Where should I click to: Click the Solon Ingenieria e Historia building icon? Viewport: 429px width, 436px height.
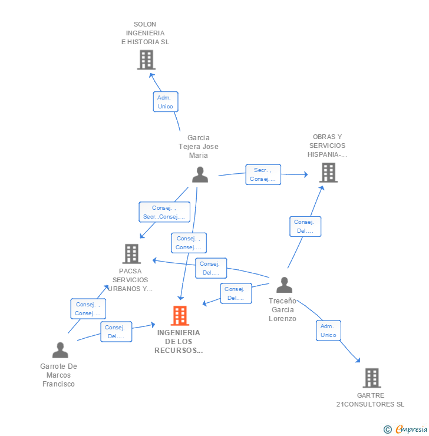point(146,60)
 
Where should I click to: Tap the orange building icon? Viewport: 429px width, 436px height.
point(180,316)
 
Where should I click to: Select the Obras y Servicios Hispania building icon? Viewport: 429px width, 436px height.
point(328,173)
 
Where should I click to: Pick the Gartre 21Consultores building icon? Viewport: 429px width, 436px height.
point(371,378)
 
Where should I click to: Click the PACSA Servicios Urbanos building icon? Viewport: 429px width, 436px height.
point(131,254)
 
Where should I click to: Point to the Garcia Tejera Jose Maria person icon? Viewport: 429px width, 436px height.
point(200,174)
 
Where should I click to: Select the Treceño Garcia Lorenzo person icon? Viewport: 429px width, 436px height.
point(284,285)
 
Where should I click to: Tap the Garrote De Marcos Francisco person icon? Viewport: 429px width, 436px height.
point(60,350)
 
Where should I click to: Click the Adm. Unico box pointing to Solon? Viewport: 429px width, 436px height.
point(165,102)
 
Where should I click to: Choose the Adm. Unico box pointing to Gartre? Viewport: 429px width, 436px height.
point(328,331)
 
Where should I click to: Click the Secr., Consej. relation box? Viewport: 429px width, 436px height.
point(263,174)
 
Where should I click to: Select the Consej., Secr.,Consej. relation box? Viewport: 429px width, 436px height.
point(164,212)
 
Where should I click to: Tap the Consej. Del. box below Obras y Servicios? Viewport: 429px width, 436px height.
point(305,226)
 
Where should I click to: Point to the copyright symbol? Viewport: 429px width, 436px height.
point(388,430)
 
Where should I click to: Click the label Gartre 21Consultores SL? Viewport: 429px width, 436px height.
point(370,400)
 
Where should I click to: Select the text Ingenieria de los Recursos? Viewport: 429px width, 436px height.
point(179,342)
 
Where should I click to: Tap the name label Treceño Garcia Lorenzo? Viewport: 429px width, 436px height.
point(283,310)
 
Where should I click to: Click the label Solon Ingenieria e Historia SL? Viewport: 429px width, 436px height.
point(145,34)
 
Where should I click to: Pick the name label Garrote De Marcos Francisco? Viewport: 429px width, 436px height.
point(59,375)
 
